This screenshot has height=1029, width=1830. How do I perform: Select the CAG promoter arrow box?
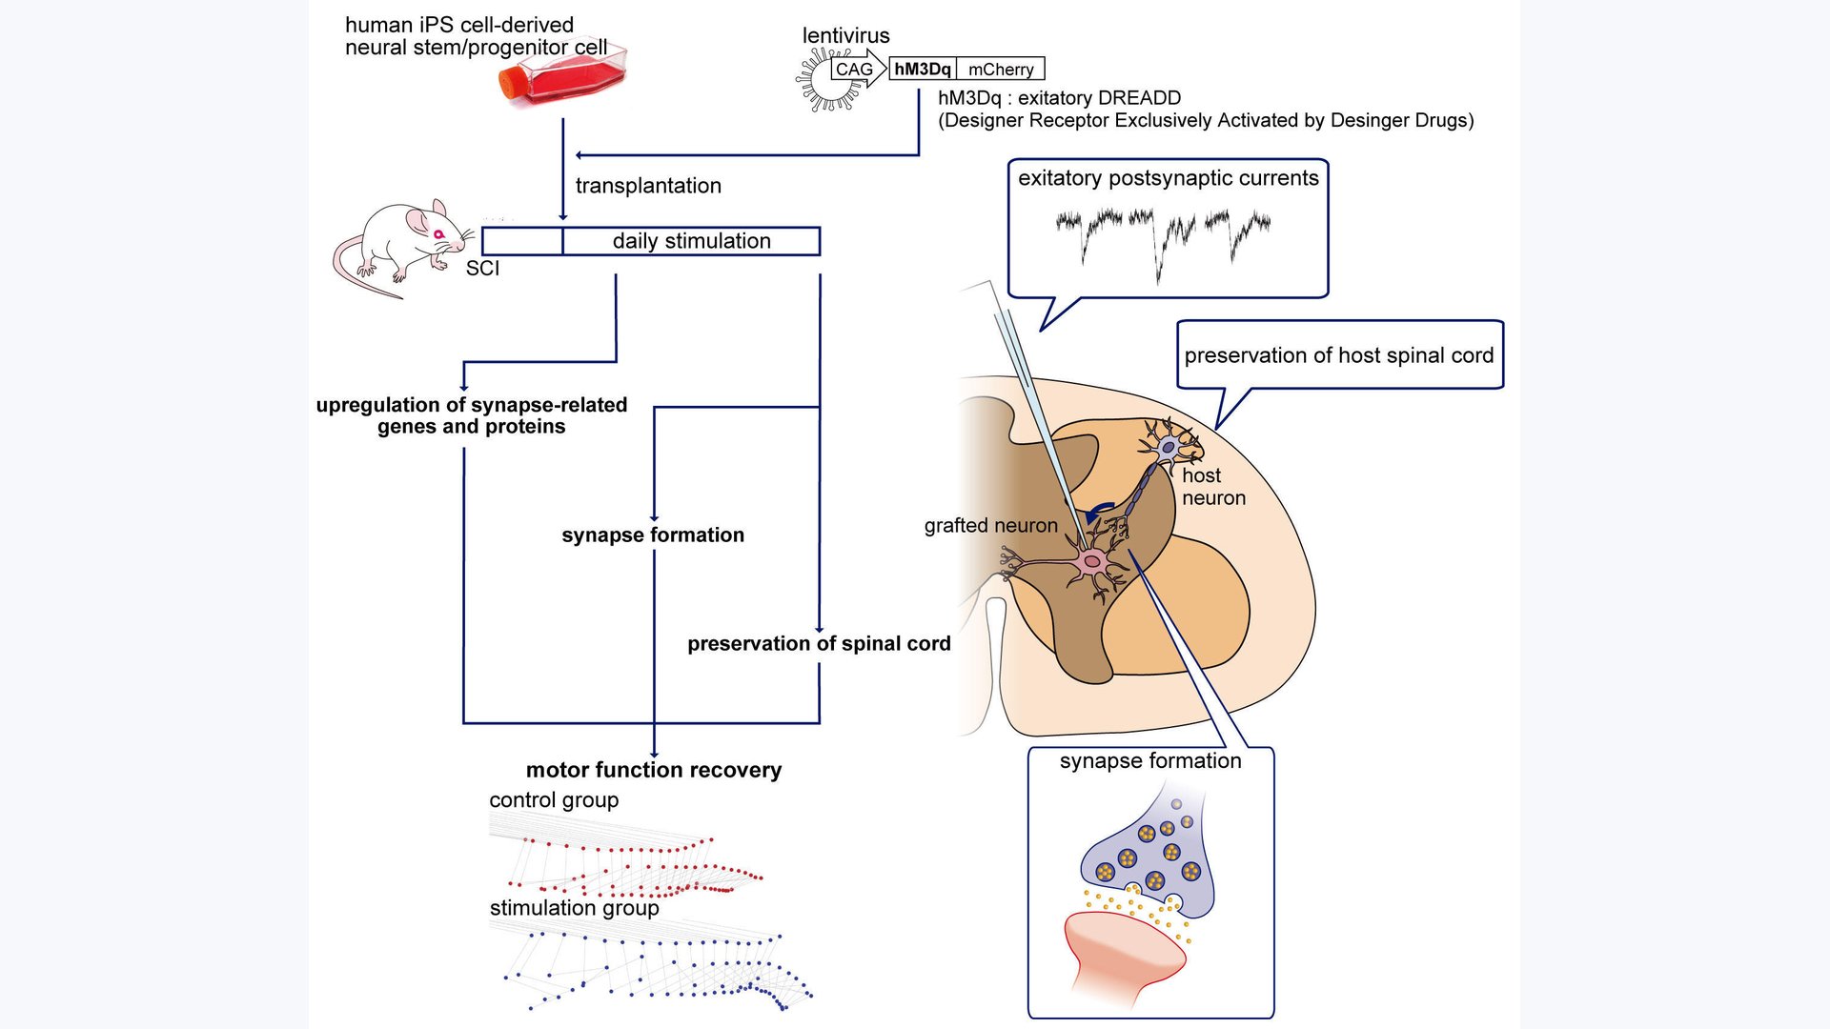[856, 70]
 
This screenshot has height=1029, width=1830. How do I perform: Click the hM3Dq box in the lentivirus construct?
[922, 69]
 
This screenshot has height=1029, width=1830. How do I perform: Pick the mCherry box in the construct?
[1000, 70]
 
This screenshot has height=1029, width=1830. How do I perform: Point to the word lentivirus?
[845, 35]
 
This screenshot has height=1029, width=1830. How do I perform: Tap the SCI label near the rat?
[482, 269]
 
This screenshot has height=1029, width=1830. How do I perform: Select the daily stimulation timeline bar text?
[691, 241]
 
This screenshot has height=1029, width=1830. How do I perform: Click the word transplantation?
[648, 186]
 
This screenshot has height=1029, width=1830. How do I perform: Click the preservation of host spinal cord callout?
[1338, 355]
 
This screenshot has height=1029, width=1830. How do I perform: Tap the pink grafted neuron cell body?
[1092, 561]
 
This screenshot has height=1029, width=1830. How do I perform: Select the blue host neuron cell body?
[1168, 446]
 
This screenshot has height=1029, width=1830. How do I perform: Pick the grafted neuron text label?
[990, 526]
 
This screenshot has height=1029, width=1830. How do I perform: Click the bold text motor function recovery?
[653, 770]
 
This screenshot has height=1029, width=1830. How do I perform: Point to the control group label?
[554, 800]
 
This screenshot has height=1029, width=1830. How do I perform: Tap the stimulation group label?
[574, 908]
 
